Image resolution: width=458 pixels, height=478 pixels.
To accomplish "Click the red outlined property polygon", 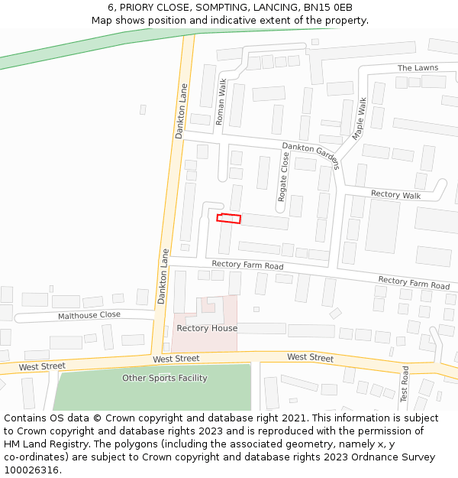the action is click(228, 219).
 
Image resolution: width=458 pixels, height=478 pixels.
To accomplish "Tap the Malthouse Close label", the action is click(89, 315).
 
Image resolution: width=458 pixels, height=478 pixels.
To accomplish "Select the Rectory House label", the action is click(207, 328).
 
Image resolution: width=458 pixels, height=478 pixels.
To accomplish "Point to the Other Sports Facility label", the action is click(165, 378).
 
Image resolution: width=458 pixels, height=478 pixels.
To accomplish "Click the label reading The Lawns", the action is click(418, 68).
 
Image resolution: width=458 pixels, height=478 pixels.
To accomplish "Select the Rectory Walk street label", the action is click(395, 194).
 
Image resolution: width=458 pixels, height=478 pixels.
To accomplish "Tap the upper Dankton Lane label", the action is click(181, 110).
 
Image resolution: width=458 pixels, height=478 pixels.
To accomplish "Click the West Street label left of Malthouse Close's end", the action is click(43, 366).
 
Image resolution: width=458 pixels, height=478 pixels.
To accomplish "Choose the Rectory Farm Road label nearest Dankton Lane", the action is click(247, 265).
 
